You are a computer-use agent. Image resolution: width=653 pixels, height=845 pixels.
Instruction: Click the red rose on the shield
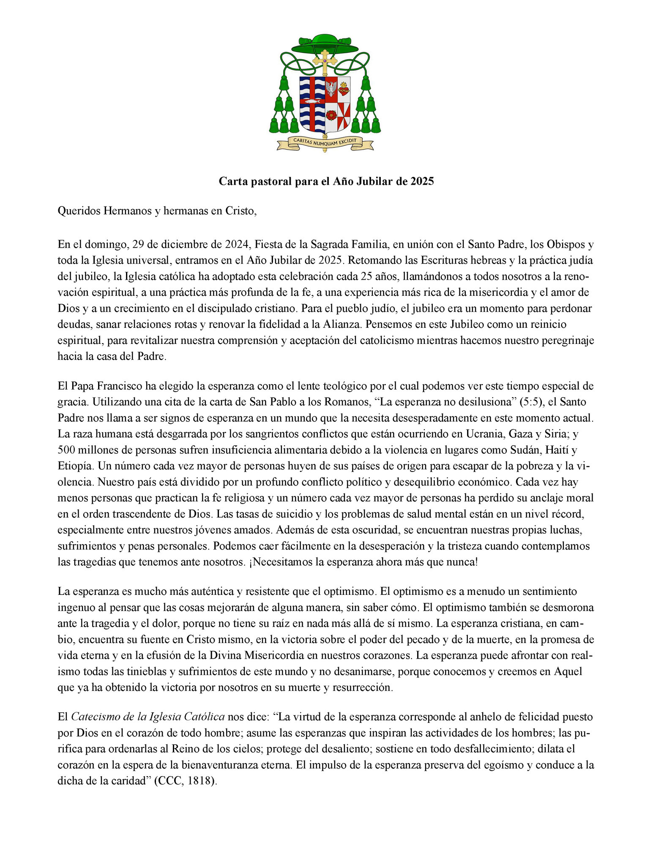coord(331,114)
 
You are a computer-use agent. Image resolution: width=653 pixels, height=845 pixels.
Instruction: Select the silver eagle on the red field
coord(331,88)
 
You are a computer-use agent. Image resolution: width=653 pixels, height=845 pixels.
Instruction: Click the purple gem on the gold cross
coord(325,61)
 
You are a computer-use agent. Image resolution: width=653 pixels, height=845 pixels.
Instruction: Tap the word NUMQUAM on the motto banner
coord(325,142)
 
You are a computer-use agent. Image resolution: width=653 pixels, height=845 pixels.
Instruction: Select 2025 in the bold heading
coord(422,181)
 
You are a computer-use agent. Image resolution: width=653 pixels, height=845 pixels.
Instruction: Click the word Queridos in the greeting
coord(79,210)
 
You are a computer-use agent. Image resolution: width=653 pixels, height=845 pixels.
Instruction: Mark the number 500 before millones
coord(66,450)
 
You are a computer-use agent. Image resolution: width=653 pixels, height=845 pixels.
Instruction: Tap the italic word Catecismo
coord(94,717)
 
